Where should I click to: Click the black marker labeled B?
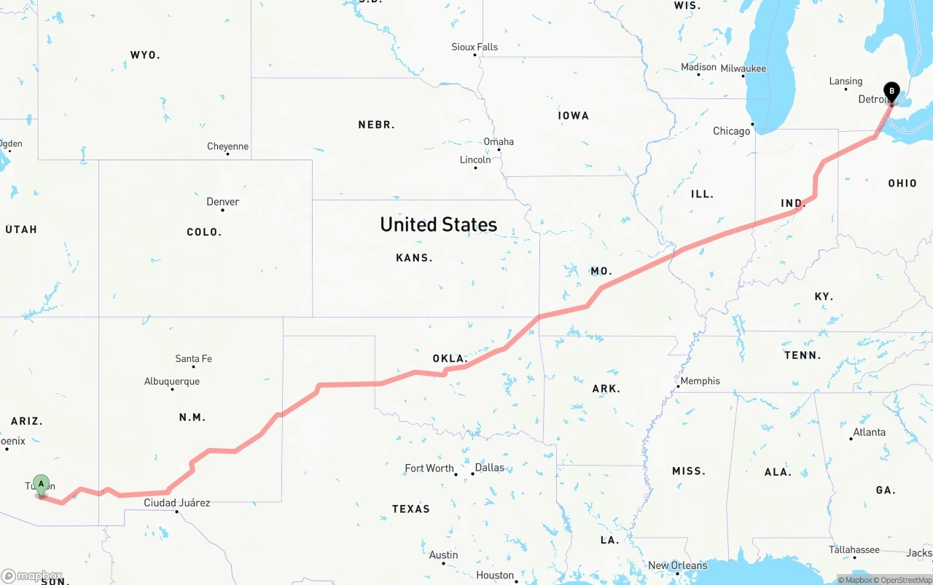coord(891,93)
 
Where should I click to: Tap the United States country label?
coord(438,224)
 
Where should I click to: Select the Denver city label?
coord(222,202)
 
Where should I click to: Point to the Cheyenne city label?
coord(227,146)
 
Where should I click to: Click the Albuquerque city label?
coord(171,381)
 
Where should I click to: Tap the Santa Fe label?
coord(193,358)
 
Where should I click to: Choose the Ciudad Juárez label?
coord(176,503)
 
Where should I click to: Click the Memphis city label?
coord(700,381)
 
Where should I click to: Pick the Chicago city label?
coord(731,131)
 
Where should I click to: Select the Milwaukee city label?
coord(743,68)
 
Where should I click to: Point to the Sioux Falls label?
coord(475,47)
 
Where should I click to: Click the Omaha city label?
coord(499,141)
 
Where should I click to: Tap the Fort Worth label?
coord(429,468)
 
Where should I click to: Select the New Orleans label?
coord(677,565)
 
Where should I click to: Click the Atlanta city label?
coord(869,432)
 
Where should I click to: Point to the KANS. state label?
coord(414,257)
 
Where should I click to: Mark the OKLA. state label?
coord(450,358)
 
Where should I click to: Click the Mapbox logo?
coord(32,576)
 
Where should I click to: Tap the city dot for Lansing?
coord(846,89)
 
